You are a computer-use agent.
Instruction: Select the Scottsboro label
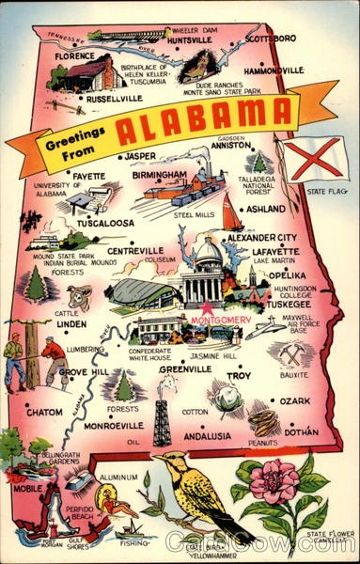coord(272,39)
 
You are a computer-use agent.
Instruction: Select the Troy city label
coord(240,376)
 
